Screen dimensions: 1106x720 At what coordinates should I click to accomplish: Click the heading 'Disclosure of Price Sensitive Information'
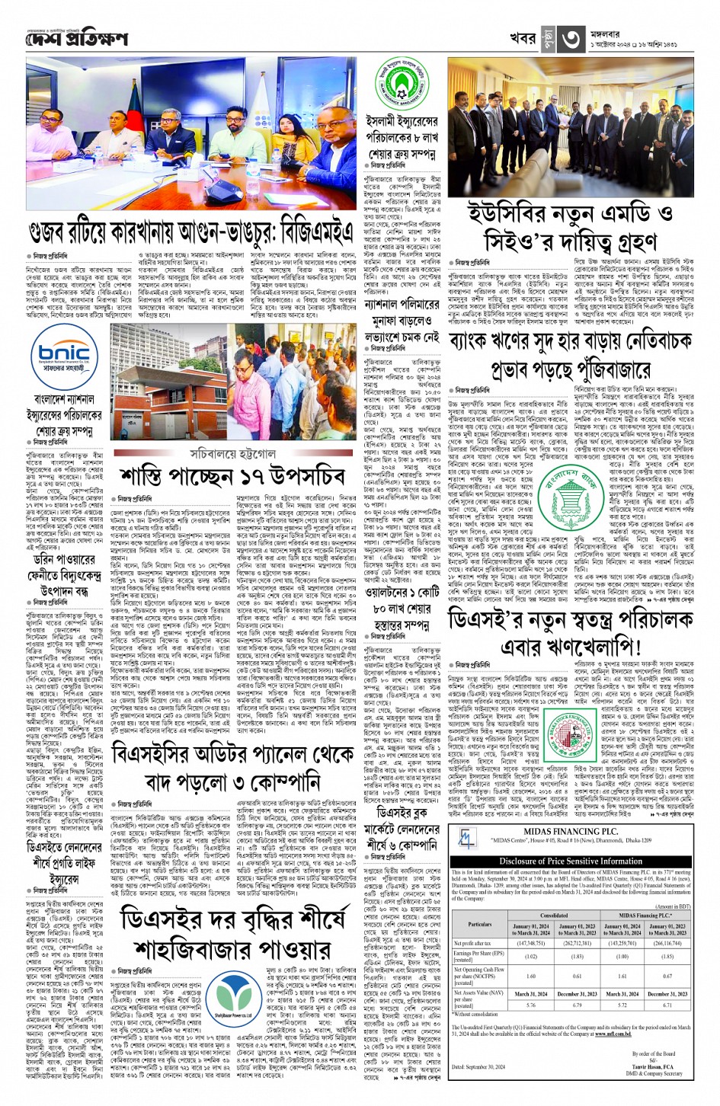point(571,861)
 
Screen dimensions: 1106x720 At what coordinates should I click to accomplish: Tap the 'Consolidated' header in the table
point(553,916)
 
